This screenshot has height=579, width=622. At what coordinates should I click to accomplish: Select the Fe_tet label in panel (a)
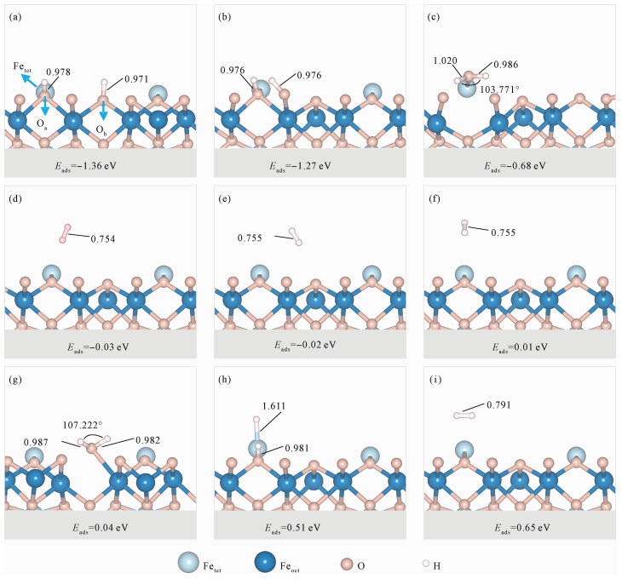[x=22, y=66]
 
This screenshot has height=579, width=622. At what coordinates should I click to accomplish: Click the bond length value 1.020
[x=446, y=61]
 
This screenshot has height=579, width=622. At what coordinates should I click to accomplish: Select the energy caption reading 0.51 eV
[x=309, y=526]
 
